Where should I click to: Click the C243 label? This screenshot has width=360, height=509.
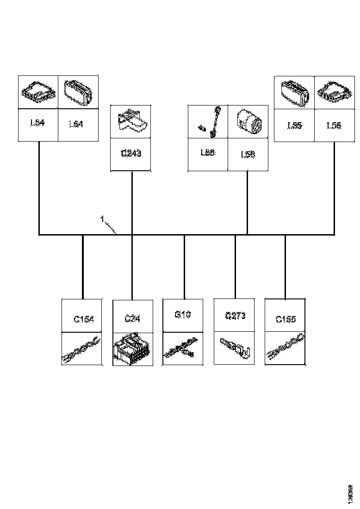(131, 154)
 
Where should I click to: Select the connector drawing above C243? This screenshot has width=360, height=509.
(131, 121)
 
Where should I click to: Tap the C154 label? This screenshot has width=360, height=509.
(83, 319)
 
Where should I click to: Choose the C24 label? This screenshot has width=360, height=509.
(132, 319)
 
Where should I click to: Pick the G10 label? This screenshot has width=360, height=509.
(183, 315)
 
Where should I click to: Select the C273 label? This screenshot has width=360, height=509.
(235, 316)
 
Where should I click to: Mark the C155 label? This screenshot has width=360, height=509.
(285, 319)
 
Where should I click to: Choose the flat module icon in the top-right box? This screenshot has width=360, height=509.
(335, 93)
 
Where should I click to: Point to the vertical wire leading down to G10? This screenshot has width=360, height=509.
(184, 266)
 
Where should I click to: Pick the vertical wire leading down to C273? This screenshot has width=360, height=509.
(235, 266)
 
